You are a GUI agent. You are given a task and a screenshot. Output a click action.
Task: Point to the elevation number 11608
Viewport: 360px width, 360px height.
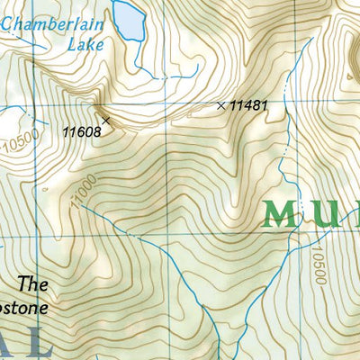(81, 131)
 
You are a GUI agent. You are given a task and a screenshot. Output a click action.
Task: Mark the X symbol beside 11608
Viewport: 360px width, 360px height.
(106, 119)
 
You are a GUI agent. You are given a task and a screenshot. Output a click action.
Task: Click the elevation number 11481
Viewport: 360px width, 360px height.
(249, 105)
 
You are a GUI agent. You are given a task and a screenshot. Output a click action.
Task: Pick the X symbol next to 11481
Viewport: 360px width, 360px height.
(221, 105)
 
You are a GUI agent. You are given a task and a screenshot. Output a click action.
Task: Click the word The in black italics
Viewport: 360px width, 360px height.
(33, 284)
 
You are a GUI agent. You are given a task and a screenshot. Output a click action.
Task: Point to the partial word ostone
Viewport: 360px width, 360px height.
(23, 307)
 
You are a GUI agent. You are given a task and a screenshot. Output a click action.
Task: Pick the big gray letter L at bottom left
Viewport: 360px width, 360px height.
(43, 342)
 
